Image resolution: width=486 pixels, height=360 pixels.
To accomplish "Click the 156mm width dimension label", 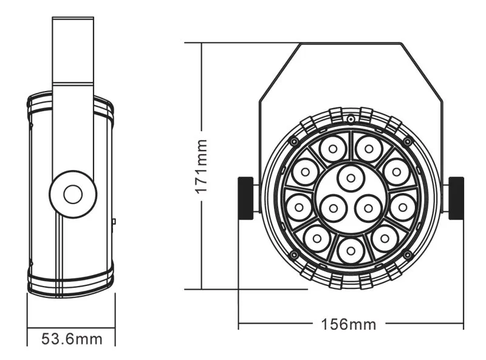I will (x=349, y=324).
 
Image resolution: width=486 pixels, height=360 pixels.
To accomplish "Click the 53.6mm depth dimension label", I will (x=72, y=338).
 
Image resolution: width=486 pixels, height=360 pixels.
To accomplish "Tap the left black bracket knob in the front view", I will (x=245, y=198).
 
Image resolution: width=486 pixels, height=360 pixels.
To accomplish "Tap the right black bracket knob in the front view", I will (x=456, y=198).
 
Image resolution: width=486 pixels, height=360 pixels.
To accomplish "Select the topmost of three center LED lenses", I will (x=351, y=178).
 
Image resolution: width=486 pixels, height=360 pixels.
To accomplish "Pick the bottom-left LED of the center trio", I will (x=333, y=208).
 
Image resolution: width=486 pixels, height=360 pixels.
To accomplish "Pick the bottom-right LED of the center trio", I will (x=368, y=208).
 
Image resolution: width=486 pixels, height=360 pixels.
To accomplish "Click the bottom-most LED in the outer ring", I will (x=351, y=250).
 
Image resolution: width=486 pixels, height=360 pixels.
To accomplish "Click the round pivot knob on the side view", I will (x=73, y=194).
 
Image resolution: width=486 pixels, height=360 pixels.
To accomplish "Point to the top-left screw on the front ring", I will (x=295, y=141).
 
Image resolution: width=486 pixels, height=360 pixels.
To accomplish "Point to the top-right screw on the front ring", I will (x=407, y=141).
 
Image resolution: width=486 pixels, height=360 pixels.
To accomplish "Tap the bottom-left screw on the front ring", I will (x=295, y=254).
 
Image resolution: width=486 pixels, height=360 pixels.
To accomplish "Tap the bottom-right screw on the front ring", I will (x=407, y=254).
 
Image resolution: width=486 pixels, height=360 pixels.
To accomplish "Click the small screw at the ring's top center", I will (x=351, y=118).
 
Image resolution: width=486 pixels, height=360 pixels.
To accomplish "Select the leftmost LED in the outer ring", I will (x=299, y=208).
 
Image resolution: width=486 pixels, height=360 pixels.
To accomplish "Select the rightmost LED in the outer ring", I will (x=402, y=208).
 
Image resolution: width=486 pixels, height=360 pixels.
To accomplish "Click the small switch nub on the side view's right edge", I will (x=114, y=222).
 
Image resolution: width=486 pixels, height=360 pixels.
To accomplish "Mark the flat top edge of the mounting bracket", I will (x=351, y=43).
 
